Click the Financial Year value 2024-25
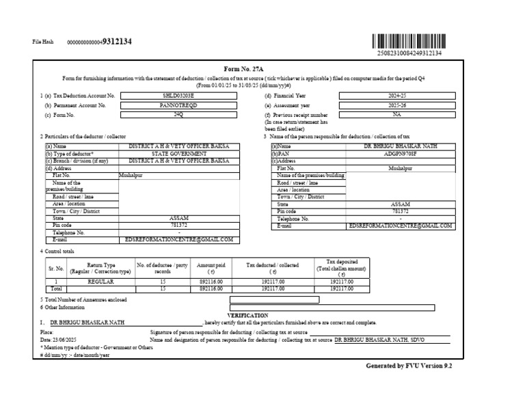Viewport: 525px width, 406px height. tap(396, 96)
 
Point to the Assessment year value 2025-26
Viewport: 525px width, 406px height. tap(396, 106)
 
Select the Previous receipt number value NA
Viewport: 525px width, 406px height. tap(396, 116)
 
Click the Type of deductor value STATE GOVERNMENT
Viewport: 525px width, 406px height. tap(179, 154)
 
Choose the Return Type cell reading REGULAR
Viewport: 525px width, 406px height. tap(100, 282)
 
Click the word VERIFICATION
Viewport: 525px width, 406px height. tap(247, 315)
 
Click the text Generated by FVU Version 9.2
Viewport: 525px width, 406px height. tap(409, 366)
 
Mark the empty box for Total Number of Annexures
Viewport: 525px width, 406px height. tap(274, 299)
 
